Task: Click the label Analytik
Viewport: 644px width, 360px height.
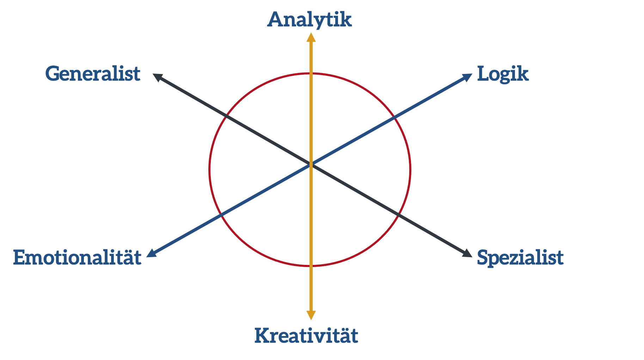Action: pos(309,20)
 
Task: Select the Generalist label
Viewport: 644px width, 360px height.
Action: pos(93,74)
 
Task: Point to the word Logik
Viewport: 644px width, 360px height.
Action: pos(503,74)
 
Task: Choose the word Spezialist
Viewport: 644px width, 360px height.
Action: pos(520,258)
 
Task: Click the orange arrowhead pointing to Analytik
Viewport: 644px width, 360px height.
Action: pos(311,37)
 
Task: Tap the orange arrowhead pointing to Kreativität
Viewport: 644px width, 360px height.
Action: pos(311,315)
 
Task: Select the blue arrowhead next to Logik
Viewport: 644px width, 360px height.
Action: pos(467,77)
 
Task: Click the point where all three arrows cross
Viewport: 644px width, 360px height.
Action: pos(311,164)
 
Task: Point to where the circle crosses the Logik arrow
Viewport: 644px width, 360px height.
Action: pos(394,118)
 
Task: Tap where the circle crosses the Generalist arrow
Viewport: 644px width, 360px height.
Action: pos(226,116)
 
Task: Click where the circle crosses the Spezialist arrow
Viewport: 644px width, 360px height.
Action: pos(398,214)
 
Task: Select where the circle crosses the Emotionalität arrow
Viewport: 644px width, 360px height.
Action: pos(220,215)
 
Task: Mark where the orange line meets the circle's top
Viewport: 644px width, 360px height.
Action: pos(311,73)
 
